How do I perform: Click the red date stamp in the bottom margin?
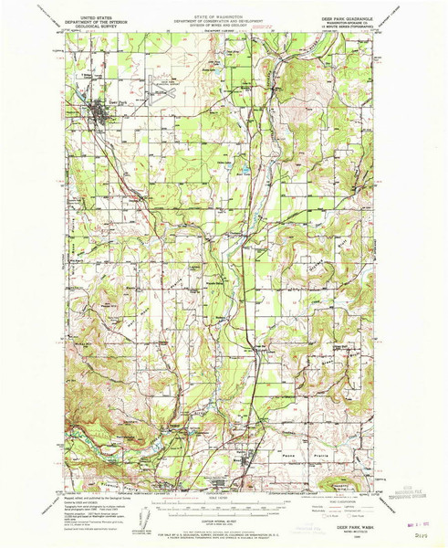click(408, 511)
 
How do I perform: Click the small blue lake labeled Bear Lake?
click(245, 170)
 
